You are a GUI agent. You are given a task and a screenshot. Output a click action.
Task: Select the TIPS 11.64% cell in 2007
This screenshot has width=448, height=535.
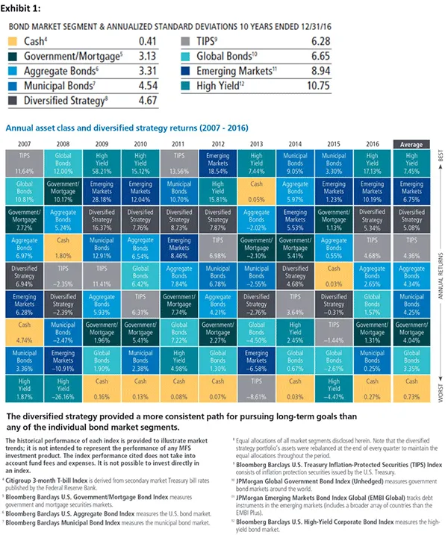tap(25, 165)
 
